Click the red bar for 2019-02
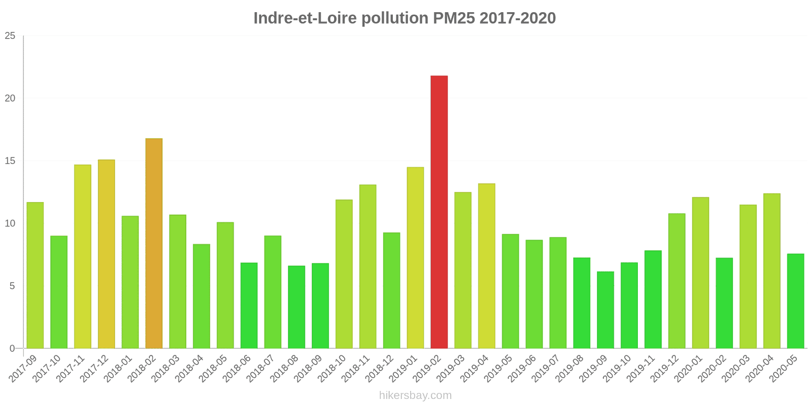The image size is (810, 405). pos(439,212)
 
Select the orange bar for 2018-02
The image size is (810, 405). pos(154,244)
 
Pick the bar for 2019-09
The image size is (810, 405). pos(605,310)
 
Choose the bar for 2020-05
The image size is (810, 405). pos(795,301)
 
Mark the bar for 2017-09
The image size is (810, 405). pos(35,275)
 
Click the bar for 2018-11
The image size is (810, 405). pos(368,267)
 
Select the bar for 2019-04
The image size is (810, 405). pos(487,266)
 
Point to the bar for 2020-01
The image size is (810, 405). pos(700,273)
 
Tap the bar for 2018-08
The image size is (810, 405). pos(296,307)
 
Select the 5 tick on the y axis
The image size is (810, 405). pos(13,286)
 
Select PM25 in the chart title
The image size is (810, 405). pos(454,18)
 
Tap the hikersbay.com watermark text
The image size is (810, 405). pos(415,395)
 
